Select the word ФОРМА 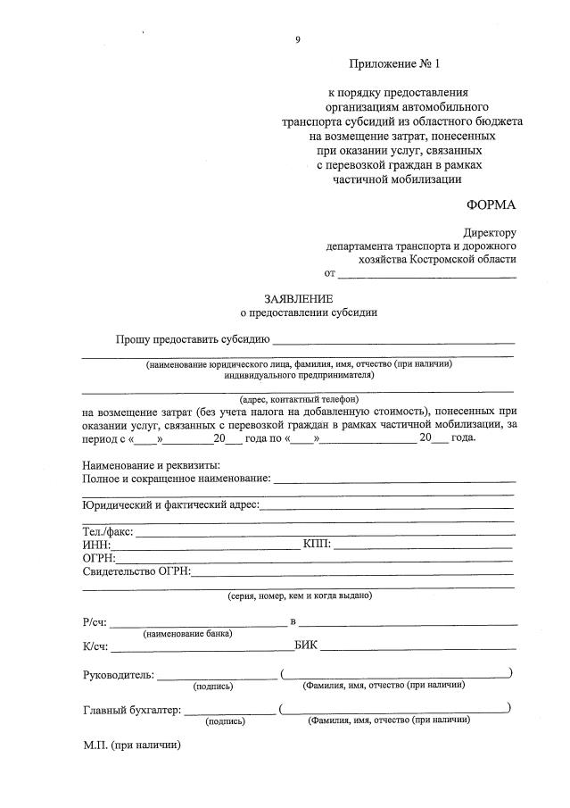(x=491, y=204)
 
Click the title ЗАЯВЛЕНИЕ (x=297, y=298)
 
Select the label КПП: (x=317, y=545)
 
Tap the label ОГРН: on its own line (x=99, y=558)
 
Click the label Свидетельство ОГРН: (x=136, y=571)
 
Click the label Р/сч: (x=95, y=621)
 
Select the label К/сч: (x=95, y=646)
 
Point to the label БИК (x=305, y=645)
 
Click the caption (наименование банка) (x=187, y=633)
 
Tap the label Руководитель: (x=118, y=674)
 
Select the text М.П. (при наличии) (x=131, y=745)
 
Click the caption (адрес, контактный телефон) (x=298, y=399)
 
